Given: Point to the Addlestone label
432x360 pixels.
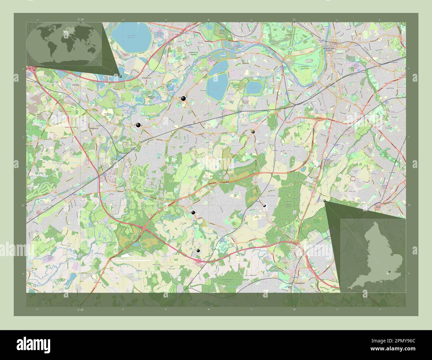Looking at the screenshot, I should (x=95, y=128).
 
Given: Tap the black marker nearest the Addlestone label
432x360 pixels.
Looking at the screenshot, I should (x=138, y=125).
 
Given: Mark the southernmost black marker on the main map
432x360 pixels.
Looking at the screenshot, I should (x=198, y=251).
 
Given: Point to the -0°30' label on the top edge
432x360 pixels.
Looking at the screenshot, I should (x=80, y=19).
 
